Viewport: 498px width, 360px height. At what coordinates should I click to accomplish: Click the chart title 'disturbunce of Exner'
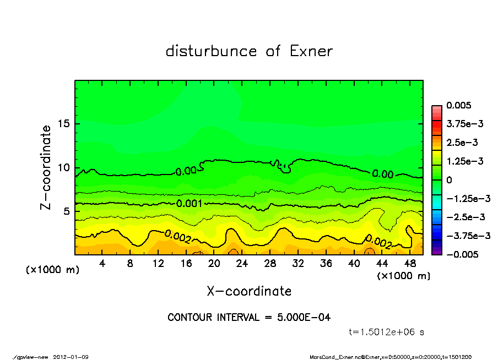point(249,52)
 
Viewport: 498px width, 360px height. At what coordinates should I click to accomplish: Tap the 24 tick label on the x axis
point(242,264)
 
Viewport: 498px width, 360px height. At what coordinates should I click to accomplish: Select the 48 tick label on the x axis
point(409,264)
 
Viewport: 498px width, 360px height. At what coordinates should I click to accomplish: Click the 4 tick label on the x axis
point(102,264)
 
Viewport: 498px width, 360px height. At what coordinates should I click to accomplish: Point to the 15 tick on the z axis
point(63,123)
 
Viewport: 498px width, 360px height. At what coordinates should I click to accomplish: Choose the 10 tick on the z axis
point(63,167)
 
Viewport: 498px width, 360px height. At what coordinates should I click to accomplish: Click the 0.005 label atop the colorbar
point(459,105)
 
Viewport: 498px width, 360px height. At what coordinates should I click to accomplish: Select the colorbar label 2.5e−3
point(462,143)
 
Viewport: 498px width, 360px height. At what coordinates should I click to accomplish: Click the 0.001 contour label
point(189,203)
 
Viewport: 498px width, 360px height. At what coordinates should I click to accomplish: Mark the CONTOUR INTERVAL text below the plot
point(249,318)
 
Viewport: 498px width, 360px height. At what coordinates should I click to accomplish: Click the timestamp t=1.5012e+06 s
point(386,332)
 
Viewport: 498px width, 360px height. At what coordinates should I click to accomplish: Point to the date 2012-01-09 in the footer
point(71,357)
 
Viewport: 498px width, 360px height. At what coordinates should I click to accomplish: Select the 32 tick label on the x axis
point(298,264)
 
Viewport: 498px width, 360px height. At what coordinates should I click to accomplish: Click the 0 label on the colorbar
point(449,180)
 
